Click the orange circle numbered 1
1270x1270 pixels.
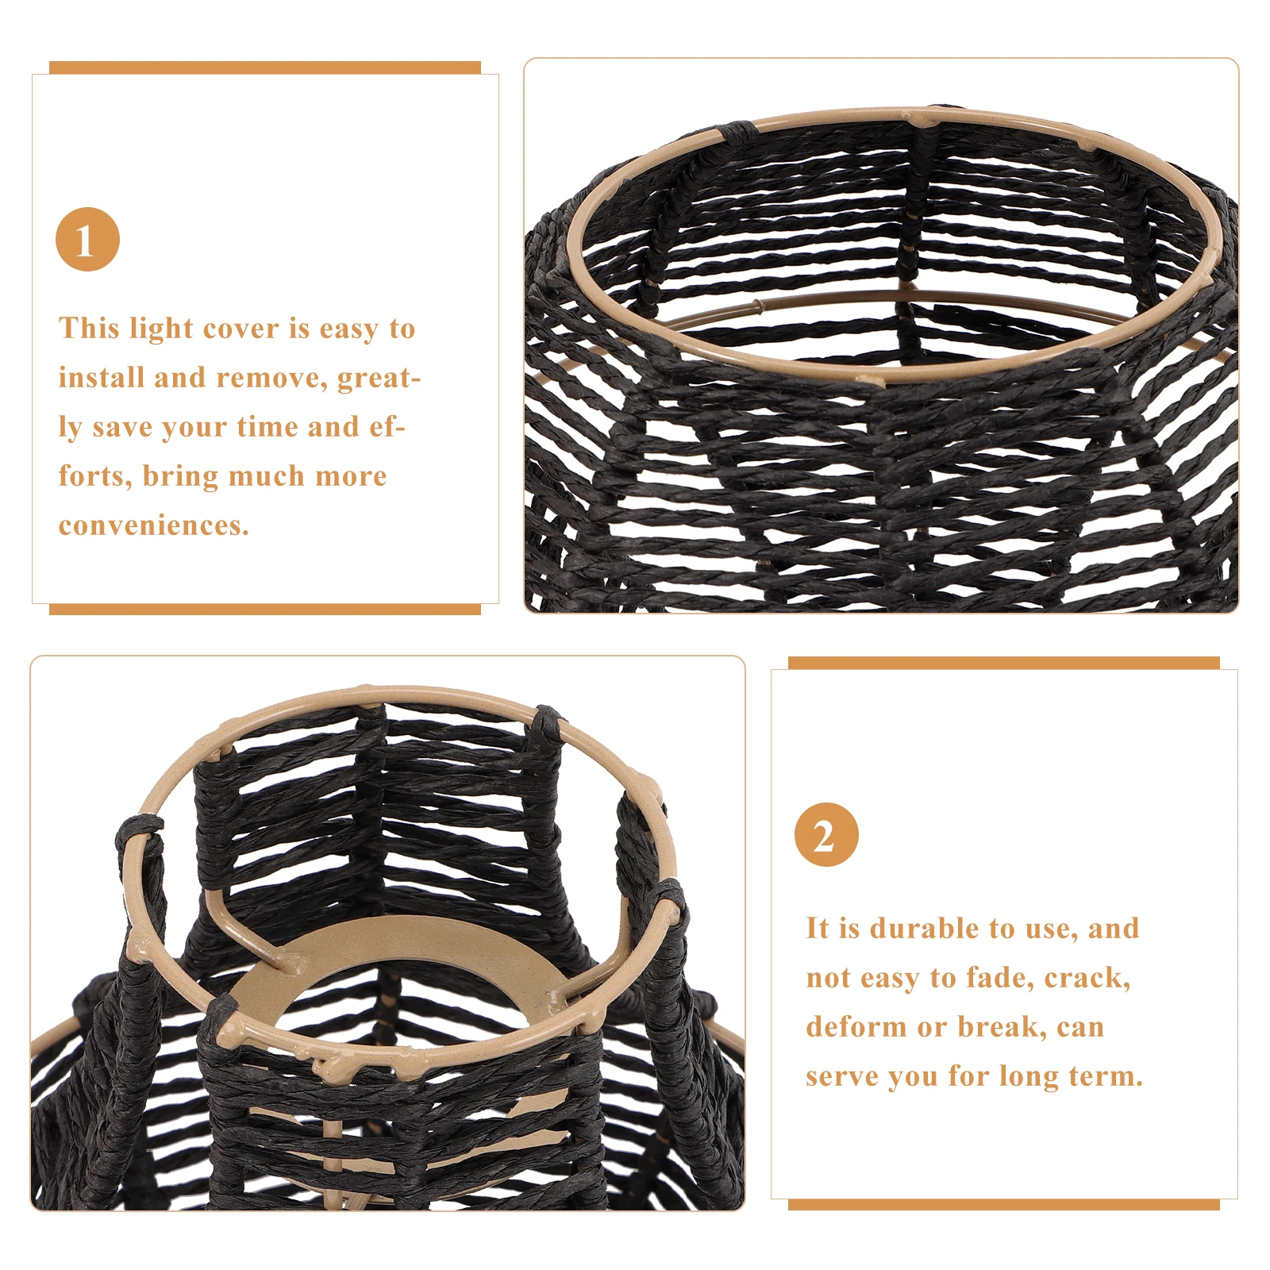click(x=87, y=239)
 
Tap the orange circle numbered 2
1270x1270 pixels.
click(x=826, y=835)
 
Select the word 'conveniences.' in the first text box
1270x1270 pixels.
click(x=154, y=525)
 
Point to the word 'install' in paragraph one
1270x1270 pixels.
click(x=102, y=378)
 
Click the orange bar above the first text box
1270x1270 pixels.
click(x=264, y=67)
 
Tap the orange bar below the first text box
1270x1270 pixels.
click(x=264, y=609)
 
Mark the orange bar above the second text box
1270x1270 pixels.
click(x=1003, y=663)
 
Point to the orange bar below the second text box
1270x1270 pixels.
click(x=1003, y=1204)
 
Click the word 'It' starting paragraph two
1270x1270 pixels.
click(x=817, y=929)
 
